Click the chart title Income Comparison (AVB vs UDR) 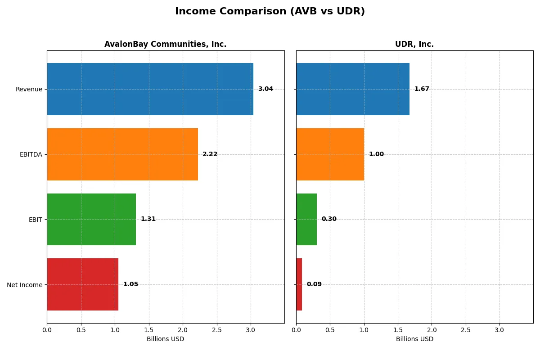point(270,11)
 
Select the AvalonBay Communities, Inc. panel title point(165,44)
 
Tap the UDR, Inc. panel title point(414,44)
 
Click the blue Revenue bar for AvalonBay point(150,89)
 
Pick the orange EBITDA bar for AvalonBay point(122,154)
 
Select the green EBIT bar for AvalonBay point(91,219)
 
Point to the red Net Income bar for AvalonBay point(82,284)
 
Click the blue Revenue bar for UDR point(353,89)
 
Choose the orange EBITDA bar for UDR point(330,154)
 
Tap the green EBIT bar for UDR point(306,219)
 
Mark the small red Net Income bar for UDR point(299,284)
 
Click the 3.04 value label point(265,89)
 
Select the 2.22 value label point(210,154)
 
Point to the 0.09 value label point(314,284)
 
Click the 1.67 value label point(422,89)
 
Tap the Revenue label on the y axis point(29,89)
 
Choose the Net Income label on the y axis point(25,285)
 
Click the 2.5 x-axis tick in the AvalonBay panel point(217,330)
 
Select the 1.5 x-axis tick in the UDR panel point(398,330)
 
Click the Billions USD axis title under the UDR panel point(414,339)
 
